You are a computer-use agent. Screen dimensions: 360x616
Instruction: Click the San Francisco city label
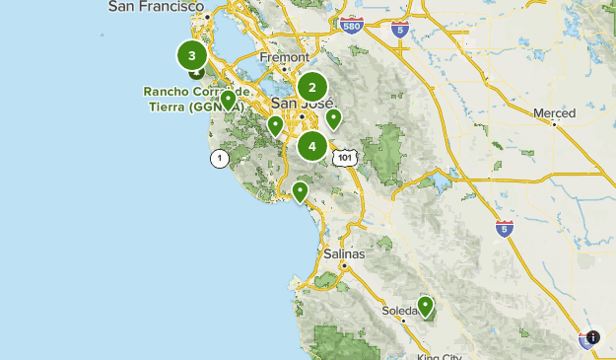coord(155,6)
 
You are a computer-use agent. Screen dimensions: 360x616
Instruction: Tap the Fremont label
coord(283,57)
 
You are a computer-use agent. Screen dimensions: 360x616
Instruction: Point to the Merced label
coord(554,113)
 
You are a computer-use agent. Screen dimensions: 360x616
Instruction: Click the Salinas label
coord(344,253)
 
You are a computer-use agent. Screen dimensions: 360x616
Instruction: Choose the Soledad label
coord(400,311)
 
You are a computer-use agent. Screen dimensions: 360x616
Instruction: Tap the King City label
coord(440,356)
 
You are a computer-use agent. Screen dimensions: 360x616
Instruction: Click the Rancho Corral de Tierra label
coord(193,99)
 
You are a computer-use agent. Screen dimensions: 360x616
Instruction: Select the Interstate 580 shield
coord(350,22)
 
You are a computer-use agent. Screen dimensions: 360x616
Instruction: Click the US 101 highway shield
coord(344,156)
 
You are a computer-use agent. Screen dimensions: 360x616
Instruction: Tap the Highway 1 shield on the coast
coord(218,158)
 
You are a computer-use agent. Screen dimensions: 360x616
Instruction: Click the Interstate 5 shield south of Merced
coord(505,227)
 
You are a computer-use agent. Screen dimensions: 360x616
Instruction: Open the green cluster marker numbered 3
coord(191,55)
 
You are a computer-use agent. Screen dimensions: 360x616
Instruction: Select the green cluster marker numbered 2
coord(312,87)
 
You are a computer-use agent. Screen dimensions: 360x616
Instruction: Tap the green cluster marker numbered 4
coord(312,147)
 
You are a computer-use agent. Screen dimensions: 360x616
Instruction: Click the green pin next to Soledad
coord(425,306)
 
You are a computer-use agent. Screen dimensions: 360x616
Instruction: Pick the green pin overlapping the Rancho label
coord(228,100)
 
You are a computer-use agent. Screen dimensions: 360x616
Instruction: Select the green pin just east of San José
coord(334,119)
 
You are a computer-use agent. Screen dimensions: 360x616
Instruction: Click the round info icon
coord(592,337)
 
